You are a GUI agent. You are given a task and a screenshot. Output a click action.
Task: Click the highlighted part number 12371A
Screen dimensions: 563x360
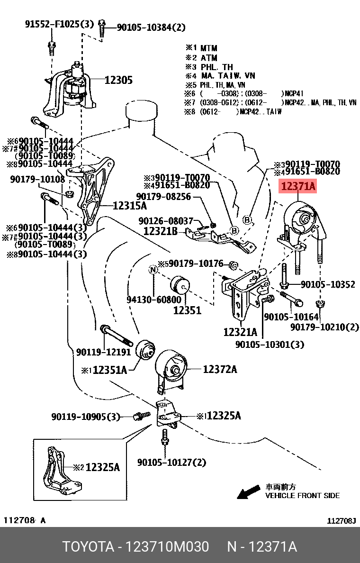tap(298, 187)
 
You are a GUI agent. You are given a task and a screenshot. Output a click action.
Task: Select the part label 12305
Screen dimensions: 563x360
tap(118, 80)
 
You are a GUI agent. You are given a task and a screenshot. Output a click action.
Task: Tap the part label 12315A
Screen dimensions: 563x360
tap(129, 206)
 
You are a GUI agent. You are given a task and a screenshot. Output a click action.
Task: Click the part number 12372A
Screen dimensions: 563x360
tap(220, 369)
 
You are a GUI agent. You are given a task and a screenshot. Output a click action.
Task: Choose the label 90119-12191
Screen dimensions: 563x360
tap(103, 352)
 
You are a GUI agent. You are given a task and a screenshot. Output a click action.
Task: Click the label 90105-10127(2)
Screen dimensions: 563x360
tap(171, 462)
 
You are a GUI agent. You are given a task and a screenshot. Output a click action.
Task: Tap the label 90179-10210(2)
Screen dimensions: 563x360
tap(324, 327)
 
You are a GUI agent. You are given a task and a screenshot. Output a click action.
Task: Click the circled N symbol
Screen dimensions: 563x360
tap(153, 270)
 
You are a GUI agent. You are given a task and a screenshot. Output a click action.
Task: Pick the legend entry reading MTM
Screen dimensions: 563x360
tap(208, 48)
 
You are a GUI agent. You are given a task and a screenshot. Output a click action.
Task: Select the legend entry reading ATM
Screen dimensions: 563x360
tap(208, 58)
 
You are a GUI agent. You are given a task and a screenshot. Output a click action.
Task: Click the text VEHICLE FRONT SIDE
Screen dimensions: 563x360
tap(302, 495)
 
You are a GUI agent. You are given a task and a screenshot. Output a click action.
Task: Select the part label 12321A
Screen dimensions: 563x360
tap(240, 332)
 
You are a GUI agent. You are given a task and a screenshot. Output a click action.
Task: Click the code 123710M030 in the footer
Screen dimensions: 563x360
tap(166, 547)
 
